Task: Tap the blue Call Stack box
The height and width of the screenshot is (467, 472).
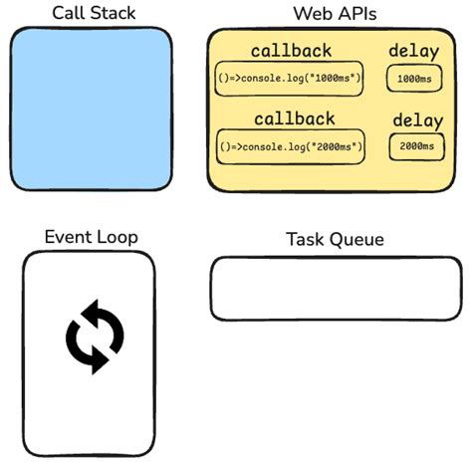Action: point(91,108)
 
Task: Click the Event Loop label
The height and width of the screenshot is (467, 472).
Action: point(91,236)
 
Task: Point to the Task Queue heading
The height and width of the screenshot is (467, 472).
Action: point(335,239)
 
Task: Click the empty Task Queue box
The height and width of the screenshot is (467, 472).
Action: point(335,289)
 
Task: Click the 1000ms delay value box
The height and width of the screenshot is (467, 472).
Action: point(414,78)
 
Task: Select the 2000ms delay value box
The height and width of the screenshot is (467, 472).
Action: point(416,146)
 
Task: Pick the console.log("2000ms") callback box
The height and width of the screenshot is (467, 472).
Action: point(291,146)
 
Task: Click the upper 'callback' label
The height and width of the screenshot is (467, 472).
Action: point(291,51)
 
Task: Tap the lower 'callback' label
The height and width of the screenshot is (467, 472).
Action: point(294,118)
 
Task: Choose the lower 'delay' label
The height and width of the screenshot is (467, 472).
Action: point(417,120)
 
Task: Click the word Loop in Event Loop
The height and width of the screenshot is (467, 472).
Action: point(117,236)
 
